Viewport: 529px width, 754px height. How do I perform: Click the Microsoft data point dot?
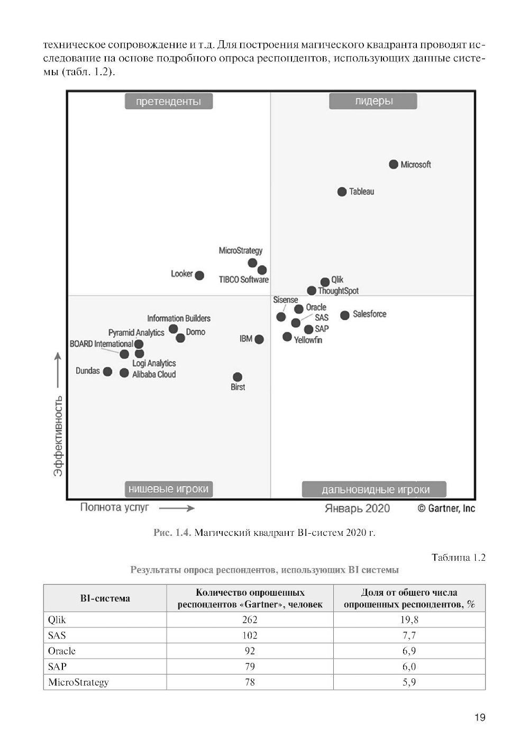click(x=394, y=164)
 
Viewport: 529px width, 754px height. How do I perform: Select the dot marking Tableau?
click(x=342, y=192)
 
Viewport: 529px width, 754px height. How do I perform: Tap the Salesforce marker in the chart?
click(x=345, y=315)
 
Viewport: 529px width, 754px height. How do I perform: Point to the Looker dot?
click(x=199, y=275)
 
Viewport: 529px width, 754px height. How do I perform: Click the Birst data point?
click(x=238, y=377)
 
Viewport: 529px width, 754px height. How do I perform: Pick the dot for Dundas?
click(x=107, y=372)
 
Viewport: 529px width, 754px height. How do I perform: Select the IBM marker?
click(x=259, y=339)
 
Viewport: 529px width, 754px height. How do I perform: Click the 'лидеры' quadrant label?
click(x=373, y=101)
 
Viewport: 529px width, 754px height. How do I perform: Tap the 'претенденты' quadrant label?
click(x=168, y=102)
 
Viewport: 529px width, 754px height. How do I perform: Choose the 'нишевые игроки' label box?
click(x=168, y=489)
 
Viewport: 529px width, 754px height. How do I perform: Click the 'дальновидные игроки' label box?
click(x=375, y=490)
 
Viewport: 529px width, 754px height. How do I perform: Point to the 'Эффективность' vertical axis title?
click(x=58, y=435)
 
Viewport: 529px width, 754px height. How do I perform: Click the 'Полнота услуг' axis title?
click(x=114, y=507)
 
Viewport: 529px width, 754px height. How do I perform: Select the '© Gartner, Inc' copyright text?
click(x=446, y=508)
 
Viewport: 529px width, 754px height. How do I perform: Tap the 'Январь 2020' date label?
click(x=357, y=508)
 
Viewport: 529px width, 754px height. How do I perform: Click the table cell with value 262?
click(x=250, y=620)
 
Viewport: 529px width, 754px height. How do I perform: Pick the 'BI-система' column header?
click(x=105, y=598)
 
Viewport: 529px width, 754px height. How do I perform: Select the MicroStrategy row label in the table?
click(x=78, y=682)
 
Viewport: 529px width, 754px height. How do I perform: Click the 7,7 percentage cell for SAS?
click(x=409, y=635)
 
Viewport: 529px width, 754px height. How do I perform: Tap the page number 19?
click(x=480, y=717)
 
